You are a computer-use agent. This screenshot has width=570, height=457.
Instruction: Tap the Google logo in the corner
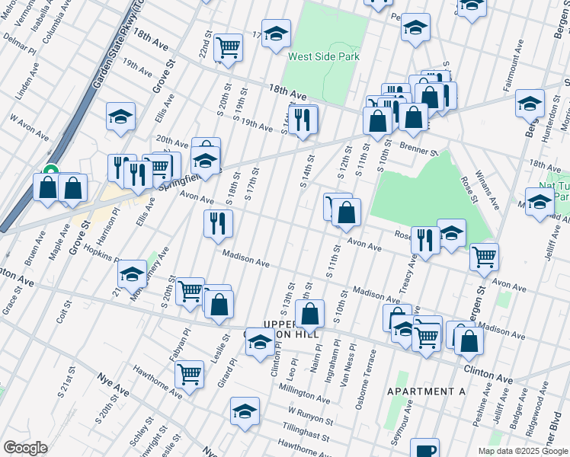[x=25, y=448]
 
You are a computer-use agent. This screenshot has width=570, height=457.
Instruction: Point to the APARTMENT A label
[x=426, y=391]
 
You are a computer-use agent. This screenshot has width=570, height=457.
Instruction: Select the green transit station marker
[x=51, y=171]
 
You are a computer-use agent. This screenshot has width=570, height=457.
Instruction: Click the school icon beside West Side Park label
[x=277, y=34]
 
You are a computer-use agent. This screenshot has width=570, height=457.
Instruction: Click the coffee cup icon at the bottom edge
[x=425, y=449]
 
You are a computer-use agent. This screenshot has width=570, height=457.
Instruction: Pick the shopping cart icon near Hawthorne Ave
[x=188, y=373]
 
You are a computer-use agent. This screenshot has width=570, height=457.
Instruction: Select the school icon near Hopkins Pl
[x=132, y=273]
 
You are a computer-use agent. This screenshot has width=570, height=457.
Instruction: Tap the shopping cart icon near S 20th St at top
[x=228, y=47]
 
